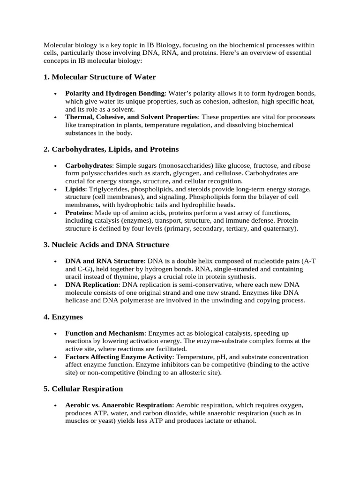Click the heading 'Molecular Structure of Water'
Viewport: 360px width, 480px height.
(x=104, y=77)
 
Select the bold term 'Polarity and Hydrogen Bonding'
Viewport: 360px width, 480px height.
(x=115, y=93)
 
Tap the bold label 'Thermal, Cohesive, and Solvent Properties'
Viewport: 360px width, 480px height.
(x=132, y=117)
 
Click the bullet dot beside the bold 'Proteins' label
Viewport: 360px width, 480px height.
(x=56, y=213)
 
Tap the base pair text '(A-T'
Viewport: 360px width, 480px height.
(x=308, y=261)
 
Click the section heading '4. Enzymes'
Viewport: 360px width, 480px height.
(x=63, y=317)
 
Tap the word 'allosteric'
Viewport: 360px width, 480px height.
(x=184, y=373)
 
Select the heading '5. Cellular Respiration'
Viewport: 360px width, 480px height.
(x=83, y=389)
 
